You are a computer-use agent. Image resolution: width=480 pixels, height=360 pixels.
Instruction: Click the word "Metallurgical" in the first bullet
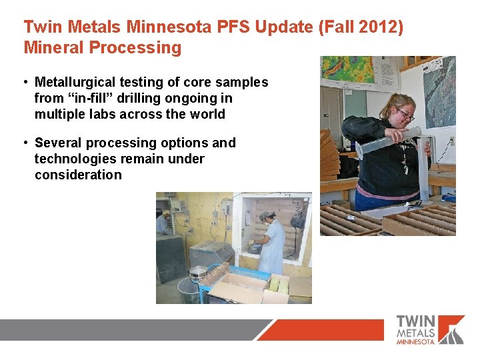click(x=75, y=82)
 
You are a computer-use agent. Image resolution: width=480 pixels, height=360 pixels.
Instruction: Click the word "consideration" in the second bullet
click(x=78, y=175)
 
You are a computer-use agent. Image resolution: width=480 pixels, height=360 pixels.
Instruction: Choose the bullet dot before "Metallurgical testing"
click(x=24, y=83)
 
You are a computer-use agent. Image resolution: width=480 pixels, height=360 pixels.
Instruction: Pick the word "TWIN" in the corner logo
click(x=417, y=321)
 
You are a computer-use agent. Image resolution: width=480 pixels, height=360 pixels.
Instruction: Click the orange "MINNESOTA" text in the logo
click(x=415, y=341)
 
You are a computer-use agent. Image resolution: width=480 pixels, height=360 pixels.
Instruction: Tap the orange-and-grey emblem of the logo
click(x=452, y=329)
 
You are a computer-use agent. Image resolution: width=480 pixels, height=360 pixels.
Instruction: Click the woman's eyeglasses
click(x=405, y=115)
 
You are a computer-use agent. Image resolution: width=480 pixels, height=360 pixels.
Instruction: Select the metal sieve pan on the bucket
click(x=198, y=271)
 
